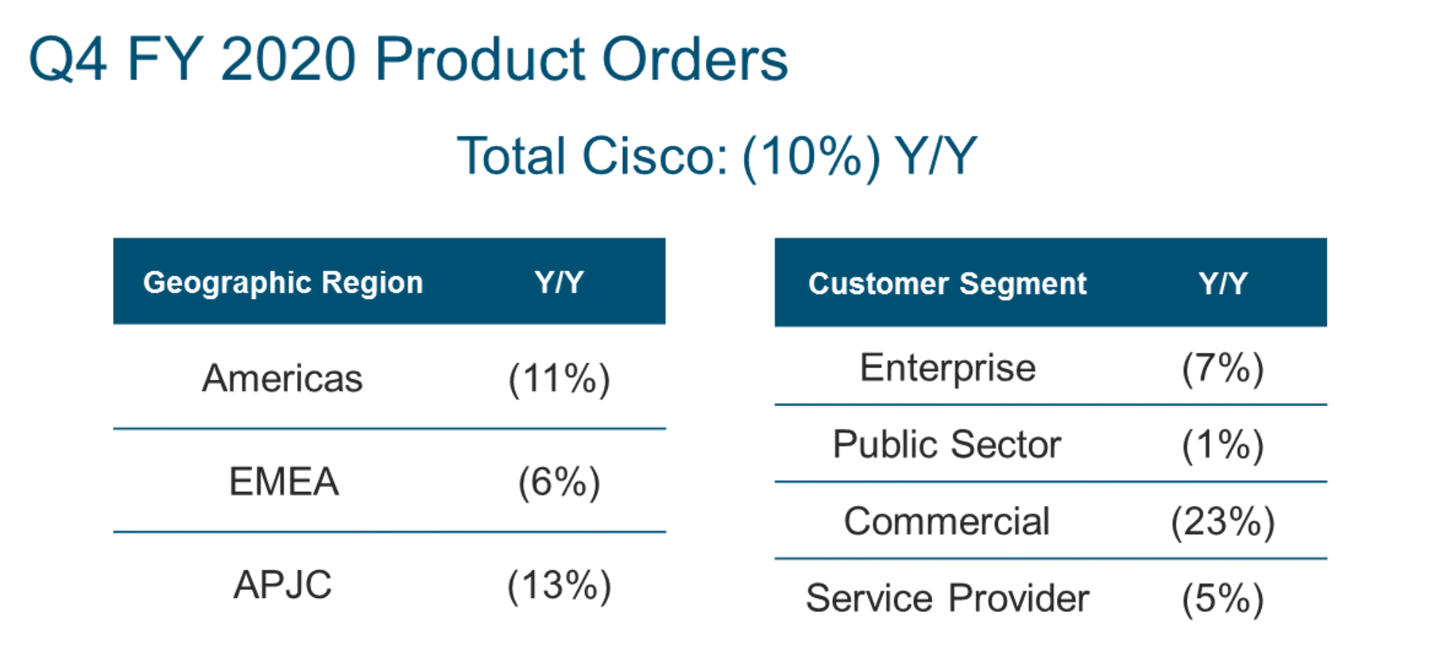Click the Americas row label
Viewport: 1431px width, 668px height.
(x=282, y=378)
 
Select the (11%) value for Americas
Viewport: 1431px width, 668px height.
(x=559, y=379)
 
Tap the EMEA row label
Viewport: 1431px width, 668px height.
(x=284, y=481)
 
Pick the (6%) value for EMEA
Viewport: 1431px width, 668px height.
(x=559, y=482)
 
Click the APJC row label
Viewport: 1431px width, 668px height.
(x=283, y=585)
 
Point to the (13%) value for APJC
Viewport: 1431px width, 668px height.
(x=559, y=586)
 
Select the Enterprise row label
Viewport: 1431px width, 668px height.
(x=947, y=368)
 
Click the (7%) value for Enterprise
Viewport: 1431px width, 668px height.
(x=1223, y=368)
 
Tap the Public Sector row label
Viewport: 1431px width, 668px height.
(x=947, y=445)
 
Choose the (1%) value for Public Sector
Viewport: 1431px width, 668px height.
(x=1223, y=446)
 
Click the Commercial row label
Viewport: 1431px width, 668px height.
(x=947, y=522)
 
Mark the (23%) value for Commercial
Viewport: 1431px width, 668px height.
(x=1223, y=523)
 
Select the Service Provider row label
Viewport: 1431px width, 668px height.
(x=947, y=599)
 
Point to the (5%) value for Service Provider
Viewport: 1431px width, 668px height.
(x=1223, y=599)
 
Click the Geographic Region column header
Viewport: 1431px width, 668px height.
(x=283, y=283)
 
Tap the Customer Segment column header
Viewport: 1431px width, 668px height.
(x=947, y=284)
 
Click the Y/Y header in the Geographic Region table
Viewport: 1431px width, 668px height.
(x=559, y=282)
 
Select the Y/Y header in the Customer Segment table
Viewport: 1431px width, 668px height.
(x=1223, y=284)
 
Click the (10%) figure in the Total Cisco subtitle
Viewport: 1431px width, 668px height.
(x=811, y=156)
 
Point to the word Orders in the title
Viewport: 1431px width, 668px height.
(x=695, y=59)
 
